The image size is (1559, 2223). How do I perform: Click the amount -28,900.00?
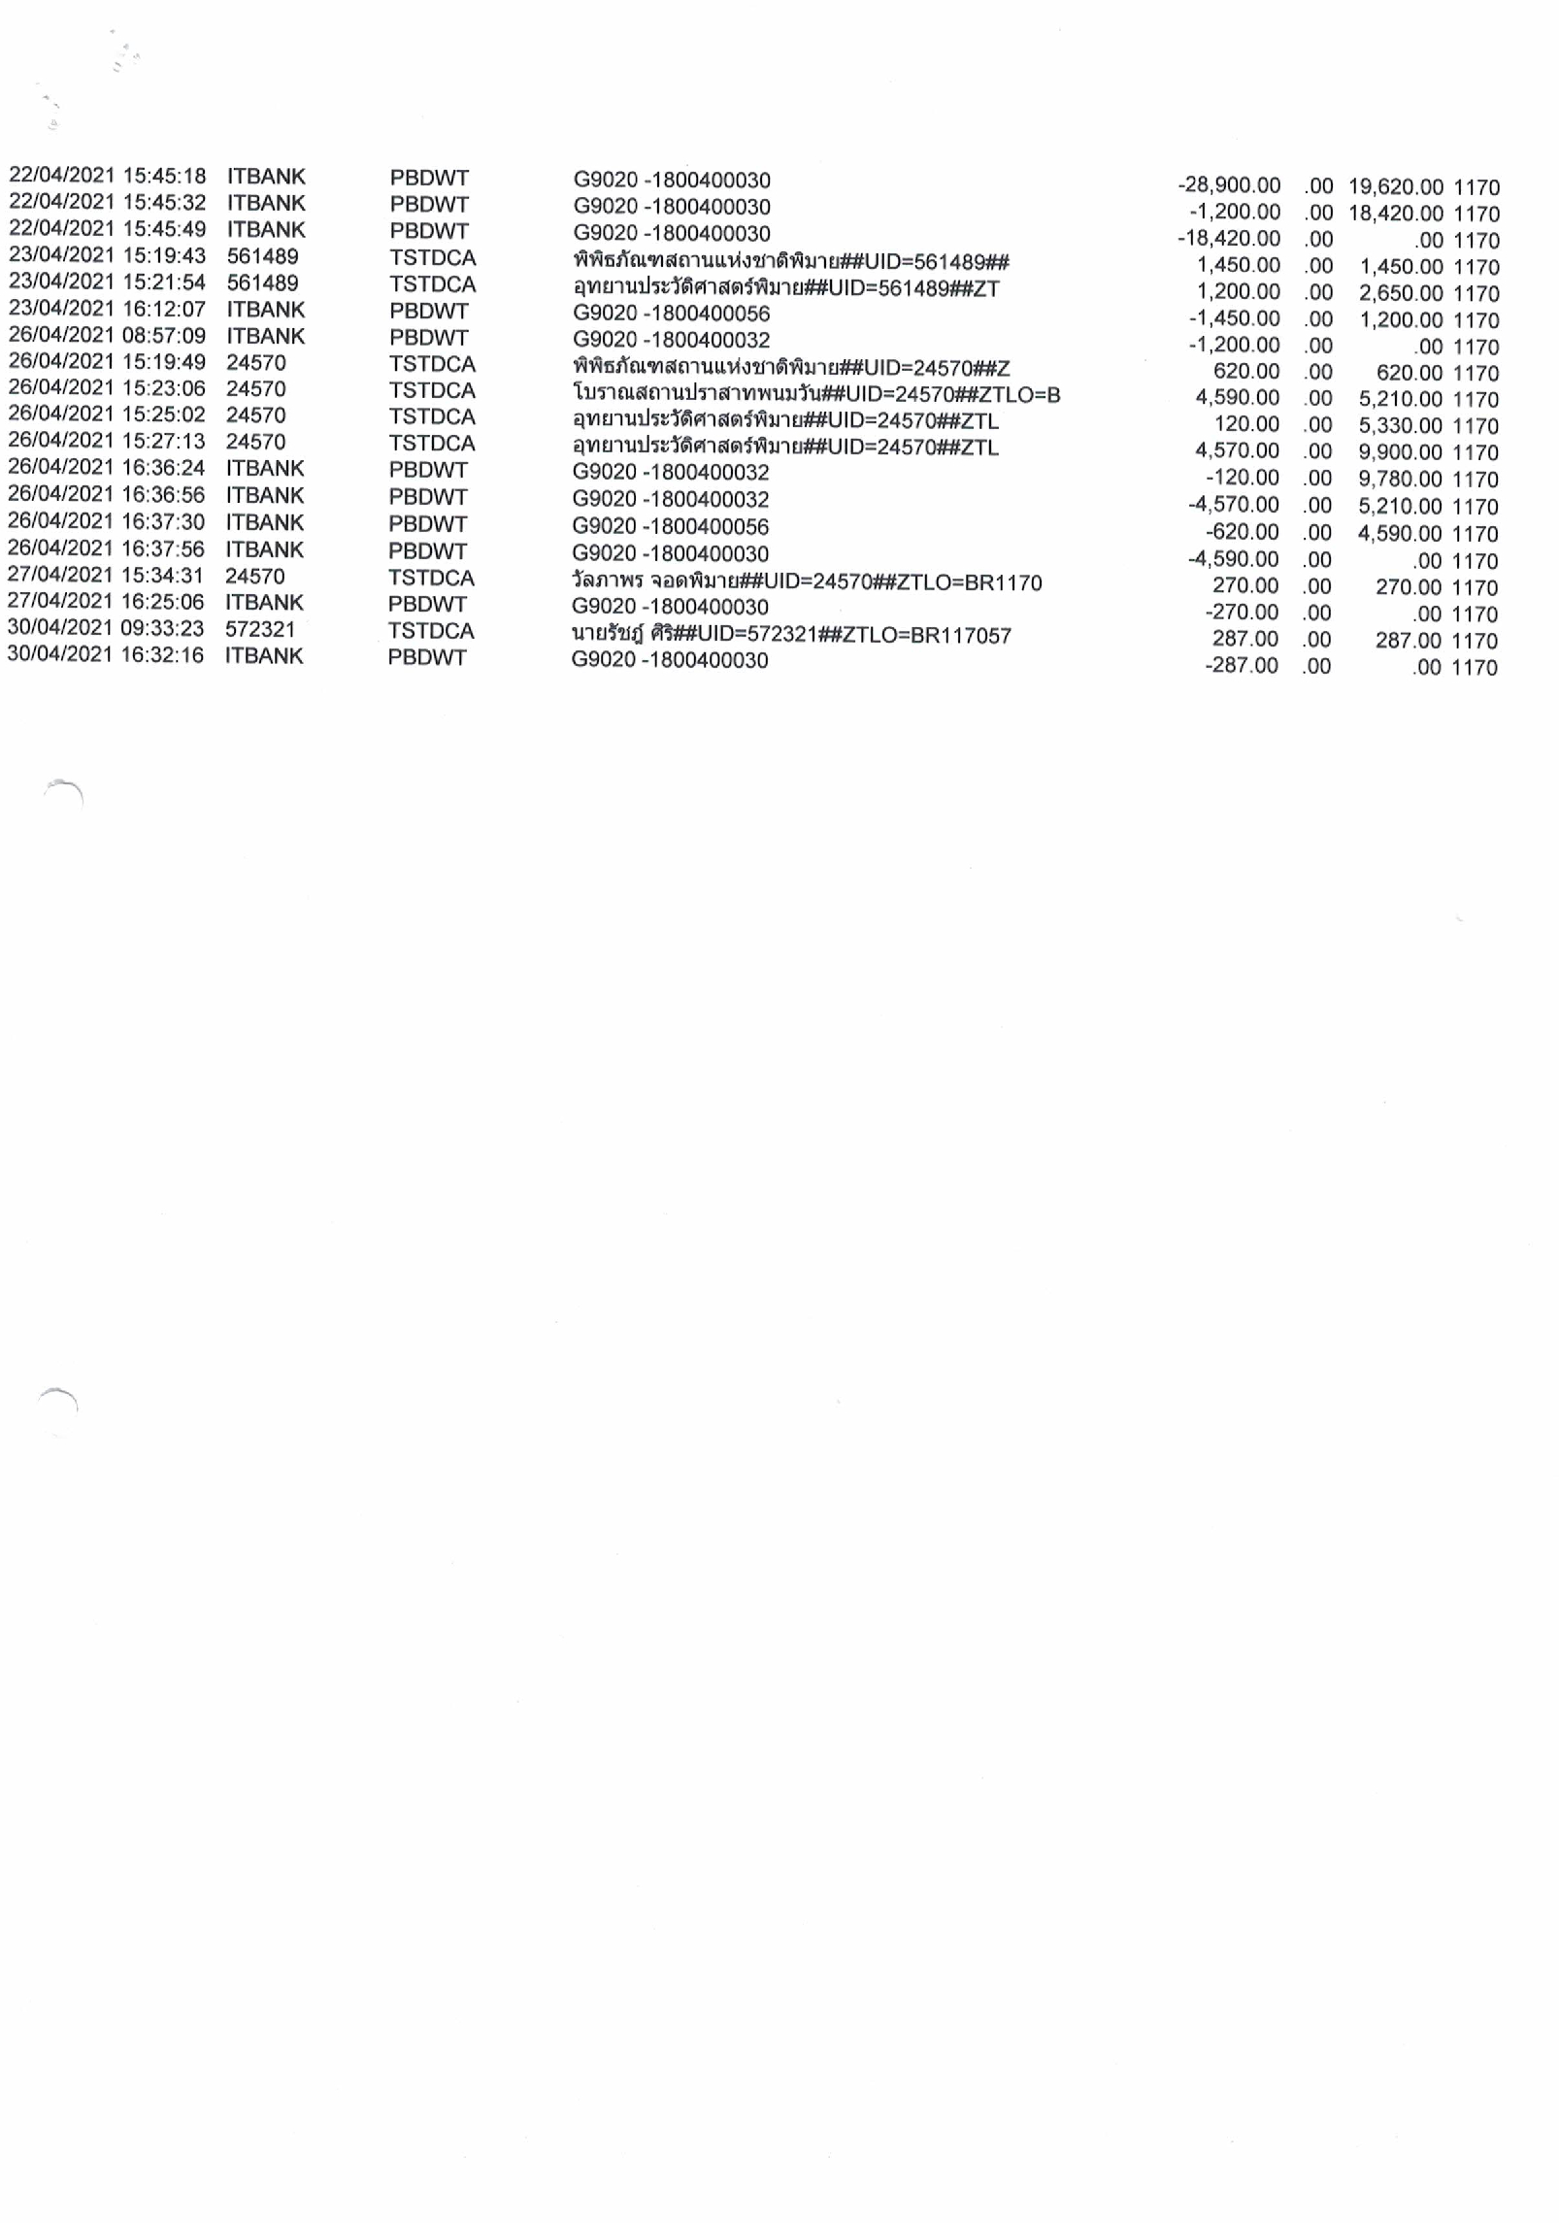pos(1228,185)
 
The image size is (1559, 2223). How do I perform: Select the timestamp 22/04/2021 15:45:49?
pos(107,229)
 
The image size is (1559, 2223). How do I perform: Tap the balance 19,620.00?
pos(1395,187)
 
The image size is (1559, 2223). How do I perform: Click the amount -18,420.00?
pos(1228,239)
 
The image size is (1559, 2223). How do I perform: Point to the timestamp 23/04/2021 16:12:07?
pos(107,309)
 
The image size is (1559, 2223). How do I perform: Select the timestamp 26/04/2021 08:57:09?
pos(107,336)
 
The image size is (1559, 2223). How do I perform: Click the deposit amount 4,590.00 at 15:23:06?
pos(1237,398)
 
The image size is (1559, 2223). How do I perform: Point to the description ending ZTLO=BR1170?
pos(806,582)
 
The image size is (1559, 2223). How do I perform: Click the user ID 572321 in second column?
pos(259,629)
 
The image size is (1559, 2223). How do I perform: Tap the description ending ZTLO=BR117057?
pos(790,636)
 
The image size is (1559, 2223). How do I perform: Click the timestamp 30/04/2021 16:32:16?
pos(106,655)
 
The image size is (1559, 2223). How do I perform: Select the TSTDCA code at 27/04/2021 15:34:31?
pos(431,579)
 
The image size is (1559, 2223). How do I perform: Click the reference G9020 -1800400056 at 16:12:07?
pos(671,314)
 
